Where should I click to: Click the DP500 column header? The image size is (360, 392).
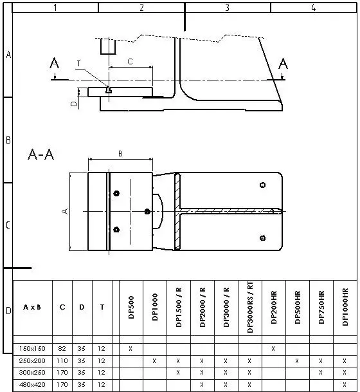131,307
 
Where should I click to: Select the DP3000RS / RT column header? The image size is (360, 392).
249,307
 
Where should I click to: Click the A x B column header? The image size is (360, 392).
32,307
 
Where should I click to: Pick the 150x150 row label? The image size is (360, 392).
32,348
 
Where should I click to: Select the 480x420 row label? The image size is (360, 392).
32,385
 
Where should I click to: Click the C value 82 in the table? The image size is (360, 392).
62,348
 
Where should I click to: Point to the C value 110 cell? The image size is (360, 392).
62,360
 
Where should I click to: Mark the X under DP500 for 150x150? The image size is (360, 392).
130,348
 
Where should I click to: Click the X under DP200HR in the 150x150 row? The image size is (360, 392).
273,348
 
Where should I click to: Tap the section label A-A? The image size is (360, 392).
41,155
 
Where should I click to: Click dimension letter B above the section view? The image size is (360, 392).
120,153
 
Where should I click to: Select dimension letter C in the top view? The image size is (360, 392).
130,62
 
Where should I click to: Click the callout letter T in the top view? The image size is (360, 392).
78,63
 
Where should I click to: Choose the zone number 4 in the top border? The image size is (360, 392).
313,8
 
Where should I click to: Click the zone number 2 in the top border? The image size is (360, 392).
141,8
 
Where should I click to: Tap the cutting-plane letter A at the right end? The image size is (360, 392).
283,63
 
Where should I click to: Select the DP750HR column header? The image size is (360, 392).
321,307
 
